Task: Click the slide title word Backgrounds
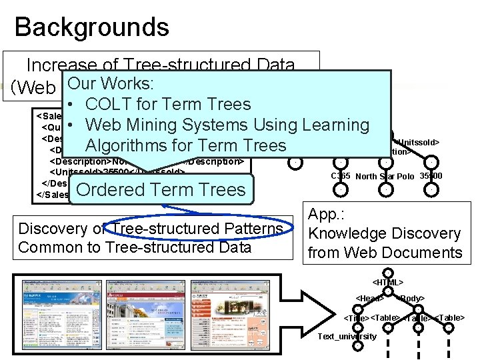point(91,27)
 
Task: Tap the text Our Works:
point(111,84)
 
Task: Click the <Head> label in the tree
point(369,298)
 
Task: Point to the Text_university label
point(347,336)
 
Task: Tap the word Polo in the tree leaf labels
point(407,176)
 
